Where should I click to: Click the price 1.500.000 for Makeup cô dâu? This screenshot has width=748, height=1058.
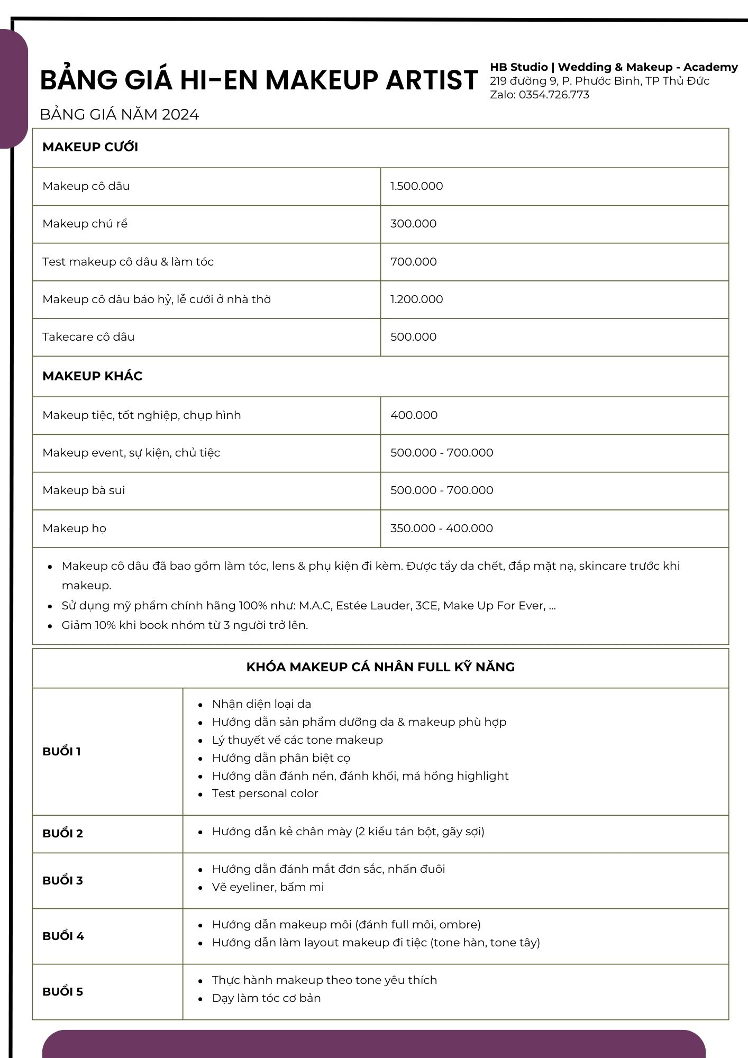click(416, 186)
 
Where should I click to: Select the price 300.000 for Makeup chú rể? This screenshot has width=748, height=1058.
click(413, 224)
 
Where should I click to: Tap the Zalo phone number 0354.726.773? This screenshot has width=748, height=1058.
click(553, 95)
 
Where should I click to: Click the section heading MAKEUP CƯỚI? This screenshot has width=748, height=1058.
click(90, 147)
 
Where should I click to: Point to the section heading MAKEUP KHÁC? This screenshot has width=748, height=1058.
click(92, 376)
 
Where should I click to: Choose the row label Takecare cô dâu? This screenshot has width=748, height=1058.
click(88, 337)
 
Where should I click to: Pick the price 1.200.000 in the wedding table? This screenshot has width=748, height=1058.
click(416, 299)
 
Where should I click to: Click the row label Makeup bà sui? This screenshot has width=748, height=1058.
click(84, 490)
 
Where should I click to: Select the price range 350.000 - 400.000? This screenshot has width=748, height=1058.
click(441, 528)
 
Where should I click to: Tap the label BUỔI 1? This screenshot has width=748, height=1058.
click(61, 752)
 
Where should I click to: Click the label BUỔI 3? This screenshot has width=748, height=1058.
click(62, 881)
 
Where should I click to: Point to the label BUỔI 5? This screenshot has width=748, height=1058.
click(62, 992)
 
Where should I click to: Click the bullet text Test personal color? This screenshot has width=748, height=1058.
click(264, 793)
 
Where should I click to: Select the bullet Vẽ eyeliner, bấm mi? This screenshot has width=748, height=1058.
click(268, 887)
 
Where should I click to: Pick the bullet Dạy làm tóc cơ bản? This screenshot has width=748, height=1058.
click(266, 998)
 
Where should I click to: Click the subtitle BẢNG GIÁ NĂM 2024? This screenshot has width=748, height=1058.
click(119, 115)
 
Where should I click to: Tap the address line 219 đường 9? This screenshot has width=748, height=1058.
click(599, 81)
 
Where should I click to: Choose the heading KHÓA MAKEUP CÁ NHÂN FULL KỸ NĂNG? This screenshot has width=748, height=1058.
click(380, 667)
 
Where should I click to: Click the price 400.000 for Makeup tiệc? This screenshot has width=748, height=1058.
click(414, 415)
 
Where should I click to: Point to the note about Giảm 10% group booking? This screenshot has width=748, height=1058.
click(185, 625)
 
